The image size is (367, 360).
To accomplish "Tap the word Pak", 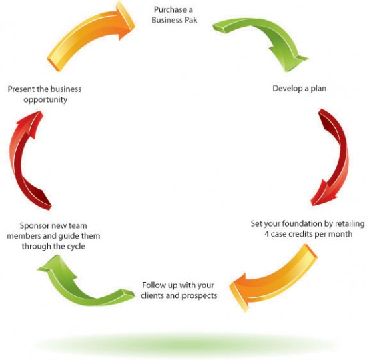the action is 191,20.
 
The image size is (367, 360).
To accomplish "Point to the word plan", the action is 318,89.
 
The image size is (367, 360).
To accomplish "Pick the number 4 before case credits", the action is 267,234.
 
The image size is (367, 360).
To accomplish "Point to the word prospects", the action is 200,296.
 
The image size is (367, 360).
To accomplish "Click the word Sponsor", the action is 35,226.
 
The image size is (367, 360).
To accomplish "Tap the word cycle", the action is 76,247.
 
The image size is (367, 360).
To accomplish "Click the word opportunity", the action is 45,100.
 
